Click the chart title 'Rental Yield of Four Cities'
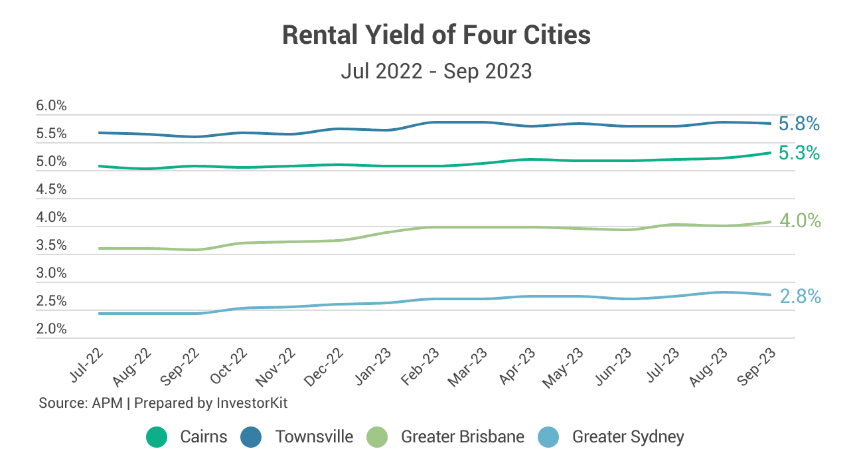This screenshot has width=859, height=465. coord(436,35)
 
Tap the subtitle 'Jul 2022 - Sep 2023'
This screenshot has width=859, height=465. coord(436,70)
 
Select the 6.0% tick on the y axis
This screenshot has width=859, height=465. coord(51,106)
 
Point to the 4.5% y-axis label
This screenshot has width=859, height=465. coord(51,189)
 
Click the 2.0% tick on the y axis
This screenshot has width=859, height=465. coord(51,329)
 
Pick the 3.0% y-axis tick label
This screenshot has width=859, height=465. coord(51,273)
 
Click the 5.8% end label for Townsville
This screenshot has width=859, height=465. coord(799,124)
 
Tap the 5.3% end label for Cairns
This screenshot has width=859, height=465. coord(799,153)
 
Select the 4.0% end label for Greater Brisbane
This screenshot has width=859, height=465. coord(800,221)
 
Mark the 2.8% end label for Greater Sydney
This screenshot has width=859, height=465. coord(800,296)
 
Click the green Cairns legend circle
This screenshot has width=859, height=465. coord(157,436)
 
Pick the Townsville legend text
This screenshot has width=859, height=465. coord(314,436)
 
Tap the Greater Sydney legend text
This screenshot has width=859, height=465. coord(628,436)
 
